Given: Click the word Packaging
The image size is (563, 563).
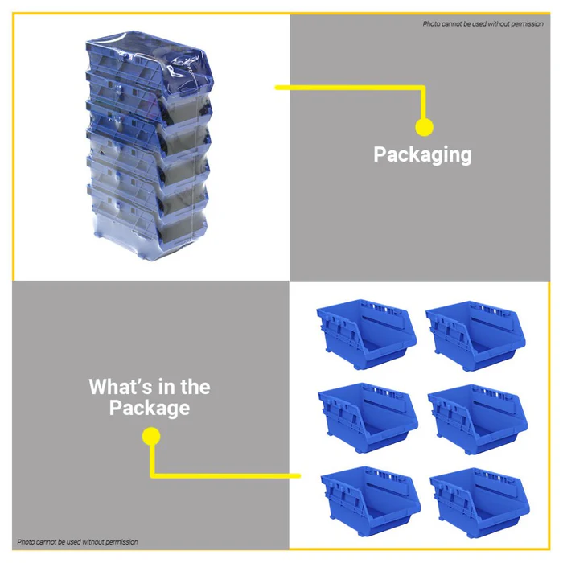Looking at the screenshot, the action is [x=422, y=154].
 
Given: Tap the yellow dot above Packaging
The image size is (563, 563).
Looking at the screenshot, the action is [x=424, y=127].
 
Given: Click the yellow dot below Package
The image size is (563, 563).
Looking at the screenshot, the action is [x=151, y=436].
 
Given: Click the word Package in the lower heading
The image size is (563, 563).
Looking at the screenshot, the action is [x=150, y=408].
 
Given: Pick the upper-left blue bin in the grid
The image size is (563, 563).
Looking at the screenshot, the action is [x=366, y=334].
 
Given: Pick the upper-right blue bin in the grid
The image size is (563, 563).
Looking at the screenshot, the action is [x=475, y=335].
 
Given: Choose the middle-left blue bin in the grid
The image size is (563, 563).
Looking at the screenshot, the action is [x=368, y=417].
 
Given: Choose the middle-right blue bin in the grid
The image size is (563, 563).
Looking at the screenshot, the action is [x=478, y=419].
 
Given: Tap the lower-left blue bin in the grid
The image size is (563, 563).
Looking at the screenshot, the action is [x=370, y=502].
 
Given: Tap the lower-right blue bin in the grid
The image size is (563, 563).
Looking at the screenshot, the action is [x=479, y=503].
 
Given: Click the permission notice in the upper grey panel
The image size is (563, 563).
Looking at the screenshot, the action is [x=483, y=23].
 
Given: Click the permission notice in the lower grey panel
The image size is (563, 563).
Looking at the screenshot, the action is [x=77, y=541].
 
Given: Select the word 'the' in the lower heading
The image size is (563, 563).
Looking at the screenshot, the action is [x=195, y=387].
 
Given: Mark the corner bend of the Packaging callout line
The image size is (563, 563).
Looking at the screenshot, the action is [x=424, y=87].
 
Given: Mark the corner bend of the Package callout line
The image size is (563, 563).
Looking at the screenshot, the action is [x=152, y=476].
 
